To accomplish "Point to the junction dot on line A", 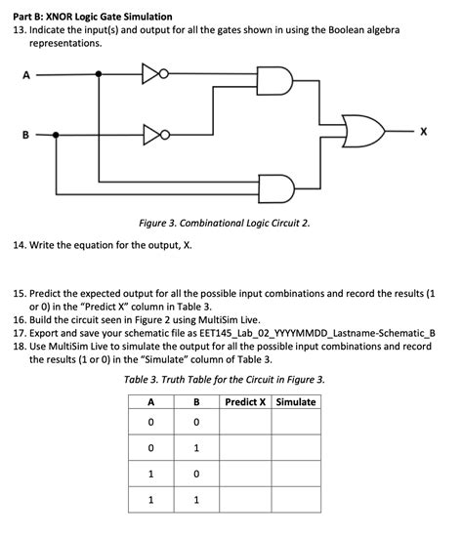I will click(98, 73).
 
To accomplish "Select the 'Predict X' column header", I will click(247, 402).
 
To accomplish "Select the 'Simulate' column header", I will click(296, 402).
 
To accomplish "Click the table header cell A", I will click(150, 402).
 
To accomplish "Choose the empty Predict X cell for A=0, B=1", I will click(247, 449).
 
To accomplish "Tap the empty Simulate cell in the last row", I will click(296, 500).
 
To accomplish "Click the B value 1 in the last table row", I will click(197, 500).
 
